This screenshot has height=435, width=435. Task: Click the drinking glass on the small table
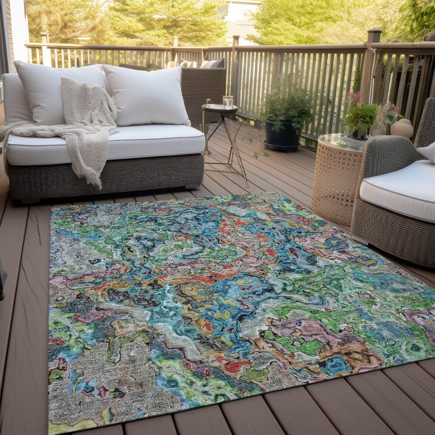pos(228,102)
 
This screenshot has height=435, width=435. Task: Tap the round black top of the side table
pos(220,108)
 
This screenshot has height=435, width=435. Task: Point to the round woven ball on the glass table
pos(402,128)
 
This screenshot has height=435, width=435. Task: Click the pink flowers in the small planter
pos(353,98)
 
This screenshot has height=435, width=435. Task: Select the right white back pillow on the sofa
pos(147,95)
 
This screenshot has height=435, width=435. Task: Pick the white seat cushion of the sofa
pos(148,141)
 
